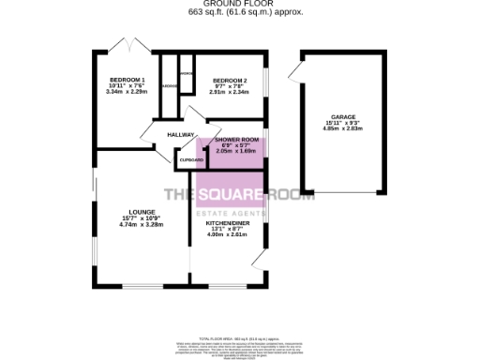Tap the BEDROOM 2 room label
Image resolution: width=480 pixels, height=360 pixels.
pyautogui.click(x=229, y=80)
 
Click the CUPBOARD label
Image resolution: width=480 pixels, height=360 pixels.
pyautogui.click(x=191, y=160)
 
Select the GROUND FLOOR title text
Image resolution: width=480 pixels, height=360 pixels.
pyautogui.click(x=239, y=4)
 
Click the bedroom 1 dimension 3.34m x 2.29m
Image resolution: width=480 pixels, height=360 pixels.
pyautogui.click(x=127, y=92)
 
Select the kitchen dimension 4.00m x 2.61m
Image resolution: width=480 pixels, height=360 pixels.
pyautogui.click(x=225, y=233)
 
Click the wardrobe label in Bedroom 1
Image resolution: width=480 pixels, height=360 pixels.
pyautogui.click(x=170, y=86)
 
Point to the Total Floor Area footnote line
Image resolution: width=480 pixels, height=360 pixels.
pyautogui.click(x=239, y=337)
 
